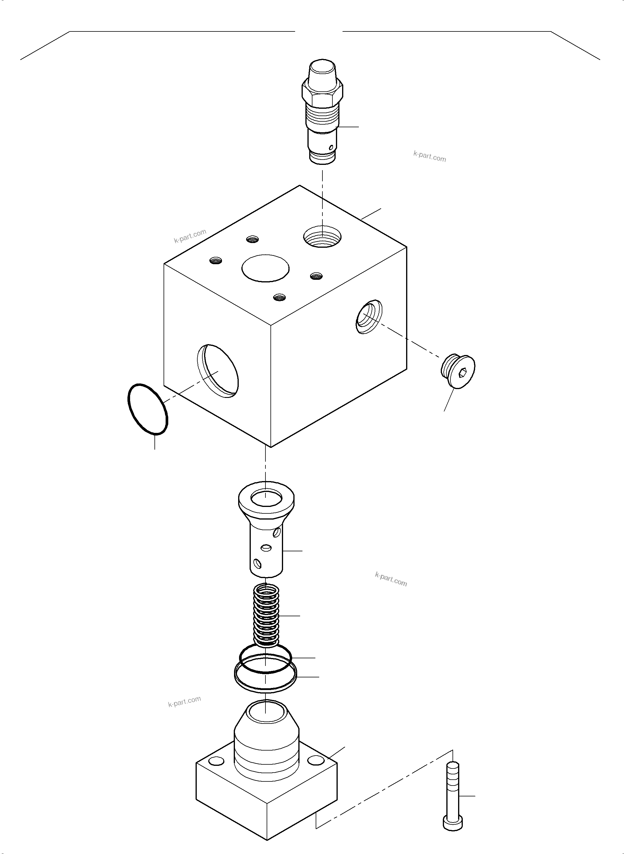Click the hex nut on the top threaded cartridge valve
point(322,94)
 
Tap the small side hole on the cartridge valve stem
point(331,147)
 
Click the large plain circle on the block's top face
point(265,268)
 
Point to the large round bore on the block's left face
point(218,371)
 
